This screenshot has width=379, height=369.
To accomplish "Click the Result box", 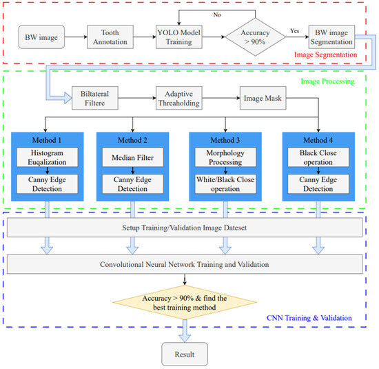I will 183,353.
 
